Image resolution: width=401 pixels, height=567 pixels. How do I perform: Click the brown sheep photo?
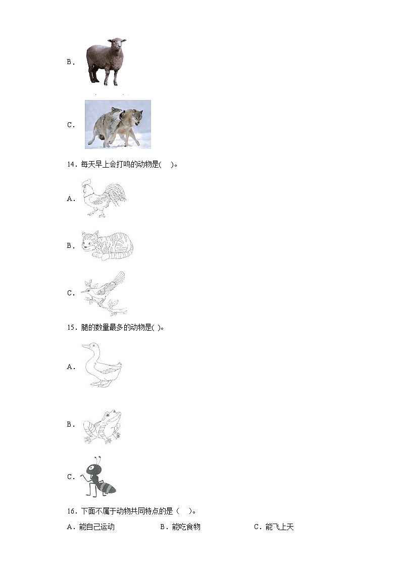pyautogui.click(x=106, y=61)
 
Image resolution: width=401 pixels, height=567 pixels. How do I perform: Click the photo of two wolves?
pyautogui.click(x=118, y=124)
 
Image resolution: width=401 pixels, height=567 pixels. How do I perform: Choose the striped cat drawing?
pyautogui.click(x=107, y=245)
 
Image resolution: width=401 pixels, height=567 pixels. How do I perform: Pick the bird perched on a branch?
pyautogui.click(x=104, y=293)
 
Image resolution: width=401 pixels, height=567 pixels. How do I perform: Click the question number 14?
pyautogui.click(x=70, y=164)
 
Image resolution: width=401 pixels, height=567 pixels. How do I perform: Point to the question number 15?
pyautogui.click(x=70, y=327)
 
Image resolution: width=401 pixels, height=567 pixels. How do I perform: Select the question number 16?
pyautogui.click(x=70, y=511)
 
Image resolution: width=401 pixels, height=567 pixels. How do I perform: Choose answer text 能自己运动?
pyautogui.click(x=97, y=527)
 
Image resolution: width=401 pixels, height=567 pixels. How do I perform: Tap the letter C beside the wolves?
pyautogui.click(x=70, y=125)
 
